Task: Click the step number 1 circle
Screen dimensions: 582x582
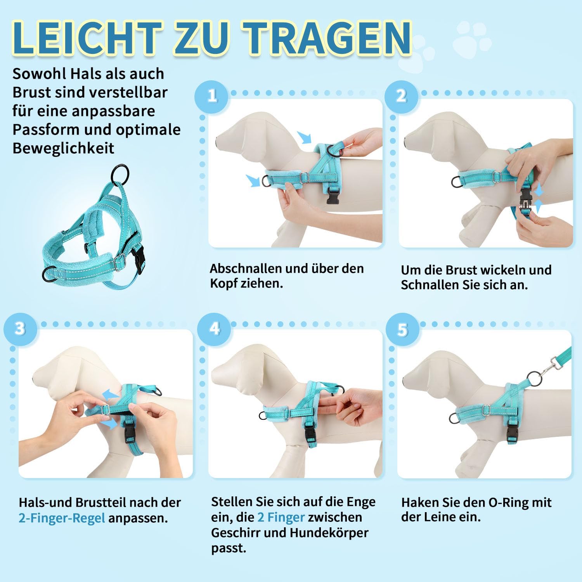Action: [212, 96]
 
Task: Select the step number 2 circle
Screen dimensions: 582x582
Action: [401, 96]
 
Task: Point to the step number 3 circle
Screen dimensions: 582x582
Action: [20, 329]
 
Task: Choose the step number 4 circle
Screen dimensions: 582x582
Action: [214, 329]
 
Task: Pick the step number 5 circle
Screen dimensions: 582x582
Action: [402, 329]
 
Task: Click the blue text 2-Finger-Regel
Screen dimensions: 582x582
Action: [62, 518]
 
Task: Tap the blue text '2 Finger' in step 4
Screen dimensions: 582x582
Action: [281, 517]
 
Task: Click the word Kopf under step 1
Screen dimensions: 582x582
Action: [223, 284]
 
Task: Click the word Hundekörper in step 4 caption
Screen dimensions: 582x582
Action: [329, 533]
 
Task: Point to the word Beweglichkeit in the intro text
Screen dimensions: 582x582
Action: [64, 148]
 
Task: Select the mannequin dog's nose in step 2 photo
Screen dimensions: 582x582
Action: [406, 141]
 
